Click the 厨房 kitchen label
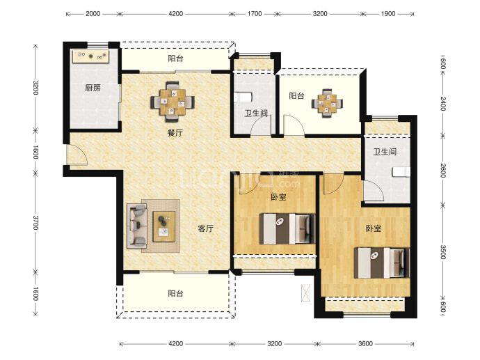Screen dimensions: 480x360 (x=93, y=88)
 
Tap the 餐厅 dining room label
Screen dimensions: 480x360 (x=175, y=133)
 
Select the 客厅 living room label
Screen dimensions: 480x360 (x=205, y=228)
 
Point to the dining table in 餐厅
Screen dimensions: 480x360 (x=173, y=98)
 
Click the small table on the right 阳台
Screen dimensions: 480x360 (x=327, y=103)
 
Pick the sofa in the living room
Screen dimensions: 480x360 (x=137, y=226)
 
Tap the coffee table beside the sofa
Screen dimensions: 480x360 (x=163, y=227)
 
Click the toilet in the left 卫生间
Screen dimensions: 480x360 (x=243, y=97)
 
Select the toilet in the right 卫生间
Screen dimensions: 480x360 (x=401, y=172)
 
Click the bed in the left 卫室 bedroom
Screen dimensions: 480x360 (x=287, y=229)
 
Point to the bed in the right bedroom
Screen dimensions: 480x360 (x=382, y=263)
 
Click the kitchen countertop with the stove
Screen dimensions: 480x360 (x=90, y=56)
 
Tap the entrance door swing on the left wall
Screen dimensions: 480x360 (x=77, y=155)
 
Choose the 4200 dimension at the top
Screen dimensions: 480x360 (x=176, y=14)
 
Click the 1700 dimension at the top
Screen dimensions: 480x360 (x=255, y=14)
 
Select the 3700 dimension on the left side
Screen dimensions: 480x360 (x=35, y=222)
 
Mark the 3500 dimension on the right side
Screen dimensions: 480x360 (x=442, y=252)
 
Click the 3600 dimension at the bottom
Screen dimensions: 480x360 (x=365, y=344)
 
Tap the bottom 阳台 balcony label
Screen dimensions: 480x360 (x=176, y=294)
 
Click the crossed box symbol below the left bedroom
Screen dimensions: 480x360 (x=305, y=293)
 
